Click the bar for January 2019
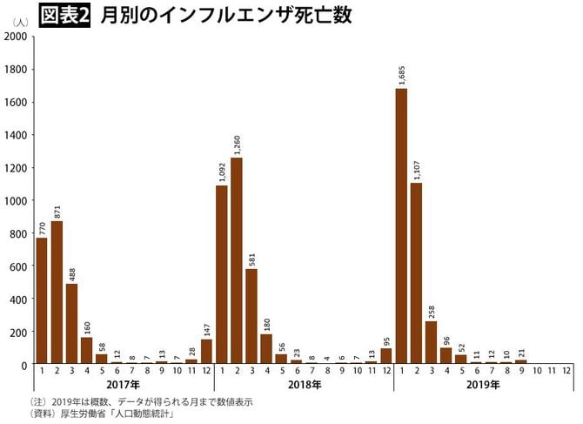[401, 226]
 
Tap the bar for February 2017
[57, 293]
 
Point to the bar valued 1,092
[222, 274]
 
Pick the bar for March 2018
[251, 317]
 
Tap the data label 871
[57, 209]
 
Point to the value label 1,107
[416, 167]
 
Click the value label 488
[72, 272]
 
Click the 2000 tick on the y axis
[15, 37]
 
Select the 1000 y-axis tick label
[15, 200]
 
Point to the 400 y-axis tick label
[17, 299]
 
